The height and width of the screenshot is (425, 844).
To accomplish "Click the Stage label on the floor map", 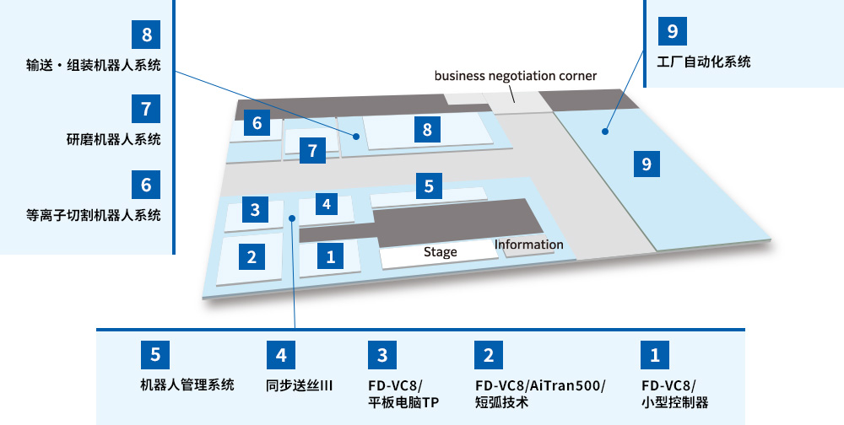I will tap(440, 252).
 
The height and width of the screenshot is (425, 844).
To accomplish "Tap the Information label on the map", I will tap(528, 245).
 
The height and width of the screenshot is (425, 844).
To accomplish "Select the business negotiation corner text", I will tap(515, 76).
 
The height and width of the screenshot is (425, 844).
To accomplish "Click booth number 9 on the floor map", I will tap(647, 164).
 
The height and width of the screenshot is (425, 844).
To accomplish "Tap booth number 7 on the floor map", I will tap(312, 152).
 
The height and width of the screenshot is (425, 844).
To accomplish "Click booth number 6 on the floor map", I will tap(257, 123).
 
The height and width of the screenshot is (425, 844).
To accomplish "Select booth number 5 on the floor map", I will tap(429, 186).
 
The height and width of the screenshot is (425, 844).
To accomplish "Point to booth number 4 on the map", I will tap(327, 203).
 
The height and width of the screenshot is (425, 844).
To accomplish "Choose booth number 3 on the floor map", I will tap(254, 209).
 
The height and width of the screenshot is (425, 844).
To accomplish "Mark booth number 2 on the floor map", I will tap(252, 256).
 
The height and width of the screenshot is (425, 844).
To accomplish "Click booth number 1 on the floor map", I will tap(331, 256).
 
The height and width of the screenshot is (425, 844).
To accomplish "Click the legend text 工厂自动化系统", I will tap(704, 62).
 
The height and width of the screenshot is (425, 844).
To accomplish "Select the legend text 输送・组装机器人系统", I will tap(93, 66).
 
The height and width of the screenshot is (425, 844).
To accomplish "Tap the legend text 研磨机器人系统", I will tap(114, 140).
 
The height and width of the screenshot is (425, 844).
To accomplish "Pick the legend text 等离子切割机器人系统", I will tap(93, 215).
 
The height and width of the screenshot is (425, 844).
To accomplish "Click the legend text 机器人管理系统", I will tap(187, 385).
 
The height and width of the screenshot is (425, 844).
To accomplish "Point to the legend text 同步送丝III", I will tap(300, 385).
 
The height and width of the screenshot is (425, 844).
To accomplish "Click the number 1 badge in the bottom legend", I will tap(655, 355).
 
